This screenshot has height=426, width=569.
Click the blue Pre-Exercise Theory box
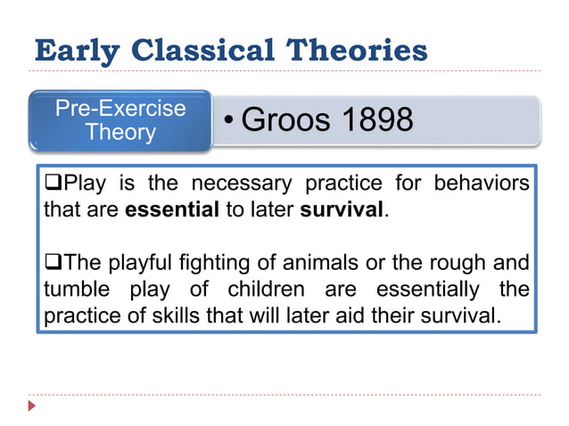[x=120, y=120]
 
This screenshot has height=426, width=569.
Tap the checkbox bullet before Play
[x=52, y=184]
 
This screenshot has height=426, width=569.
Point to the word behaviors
[x=480, y=185]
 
